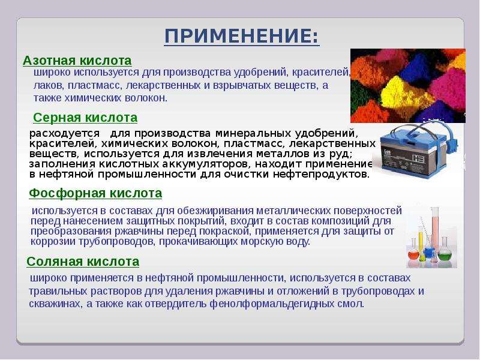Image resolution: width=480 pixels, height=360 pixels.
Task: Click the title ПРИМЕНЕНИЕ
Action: [242, 36]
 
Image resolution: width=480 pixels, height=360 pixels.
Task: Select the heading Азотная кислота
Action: [77, 61]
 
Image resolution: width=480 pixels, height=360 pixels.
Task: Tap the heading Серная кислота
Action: [85, 118]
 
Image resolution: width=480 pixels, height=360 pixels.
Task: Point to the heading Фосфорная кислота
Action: [95, 193]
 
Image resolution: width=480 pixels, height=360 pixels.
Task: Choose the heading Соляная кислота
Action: [83, 262]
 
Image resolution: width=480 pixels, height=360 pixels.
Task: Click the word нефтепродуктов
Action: [321, 175]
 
